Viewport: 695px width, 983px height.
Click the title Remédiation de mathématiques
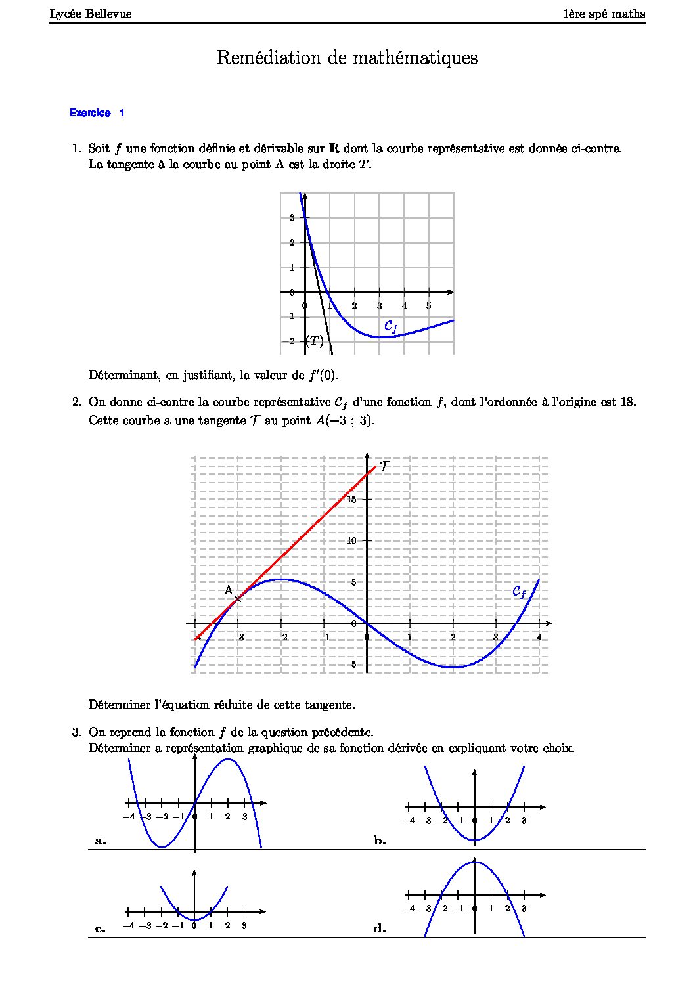(347, 58)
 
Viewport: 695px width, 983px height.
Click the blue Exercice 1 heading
(97, 113)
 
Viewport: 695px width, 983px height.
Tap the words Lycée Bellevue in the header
(91, 14)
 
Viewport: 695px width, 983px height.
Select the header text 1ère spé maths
(604, 14)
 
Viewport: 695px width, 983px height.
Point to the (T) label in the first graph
(315, 341)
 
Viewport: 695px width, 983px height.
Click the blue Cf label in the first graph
(391, 326)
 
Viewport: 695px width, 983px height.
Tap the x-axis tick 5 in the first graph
(428, 305)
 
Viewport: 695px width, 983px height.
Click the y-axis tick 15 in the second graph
(351, 500)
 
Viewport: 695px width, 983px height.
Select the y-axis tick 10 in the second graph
(351, 540)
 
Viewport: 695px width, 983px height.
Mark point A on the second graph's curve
(238, 597)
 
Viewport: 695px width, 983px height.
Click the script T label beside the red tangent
(385, 466)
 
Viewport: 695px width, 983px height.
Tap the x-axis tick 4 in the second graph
(539, 637)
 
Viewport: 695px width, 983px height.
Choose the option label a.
(101, 841)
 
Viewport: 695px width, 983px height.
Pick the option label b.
(380, 841)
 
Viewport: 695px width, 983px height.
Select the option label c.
(101, 928)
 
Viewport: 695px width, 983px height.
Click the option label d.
(380, 928)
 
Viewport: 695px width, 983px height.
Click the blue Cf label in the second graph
(519, 592)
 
